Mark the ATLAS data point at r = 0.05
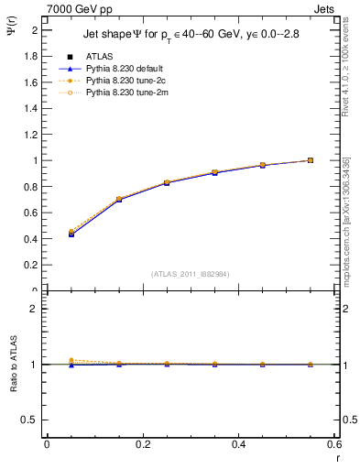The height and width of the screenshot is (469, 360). click(71, 234)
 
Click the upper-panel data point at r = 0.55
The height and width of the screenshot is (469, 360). click(311, 160)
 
